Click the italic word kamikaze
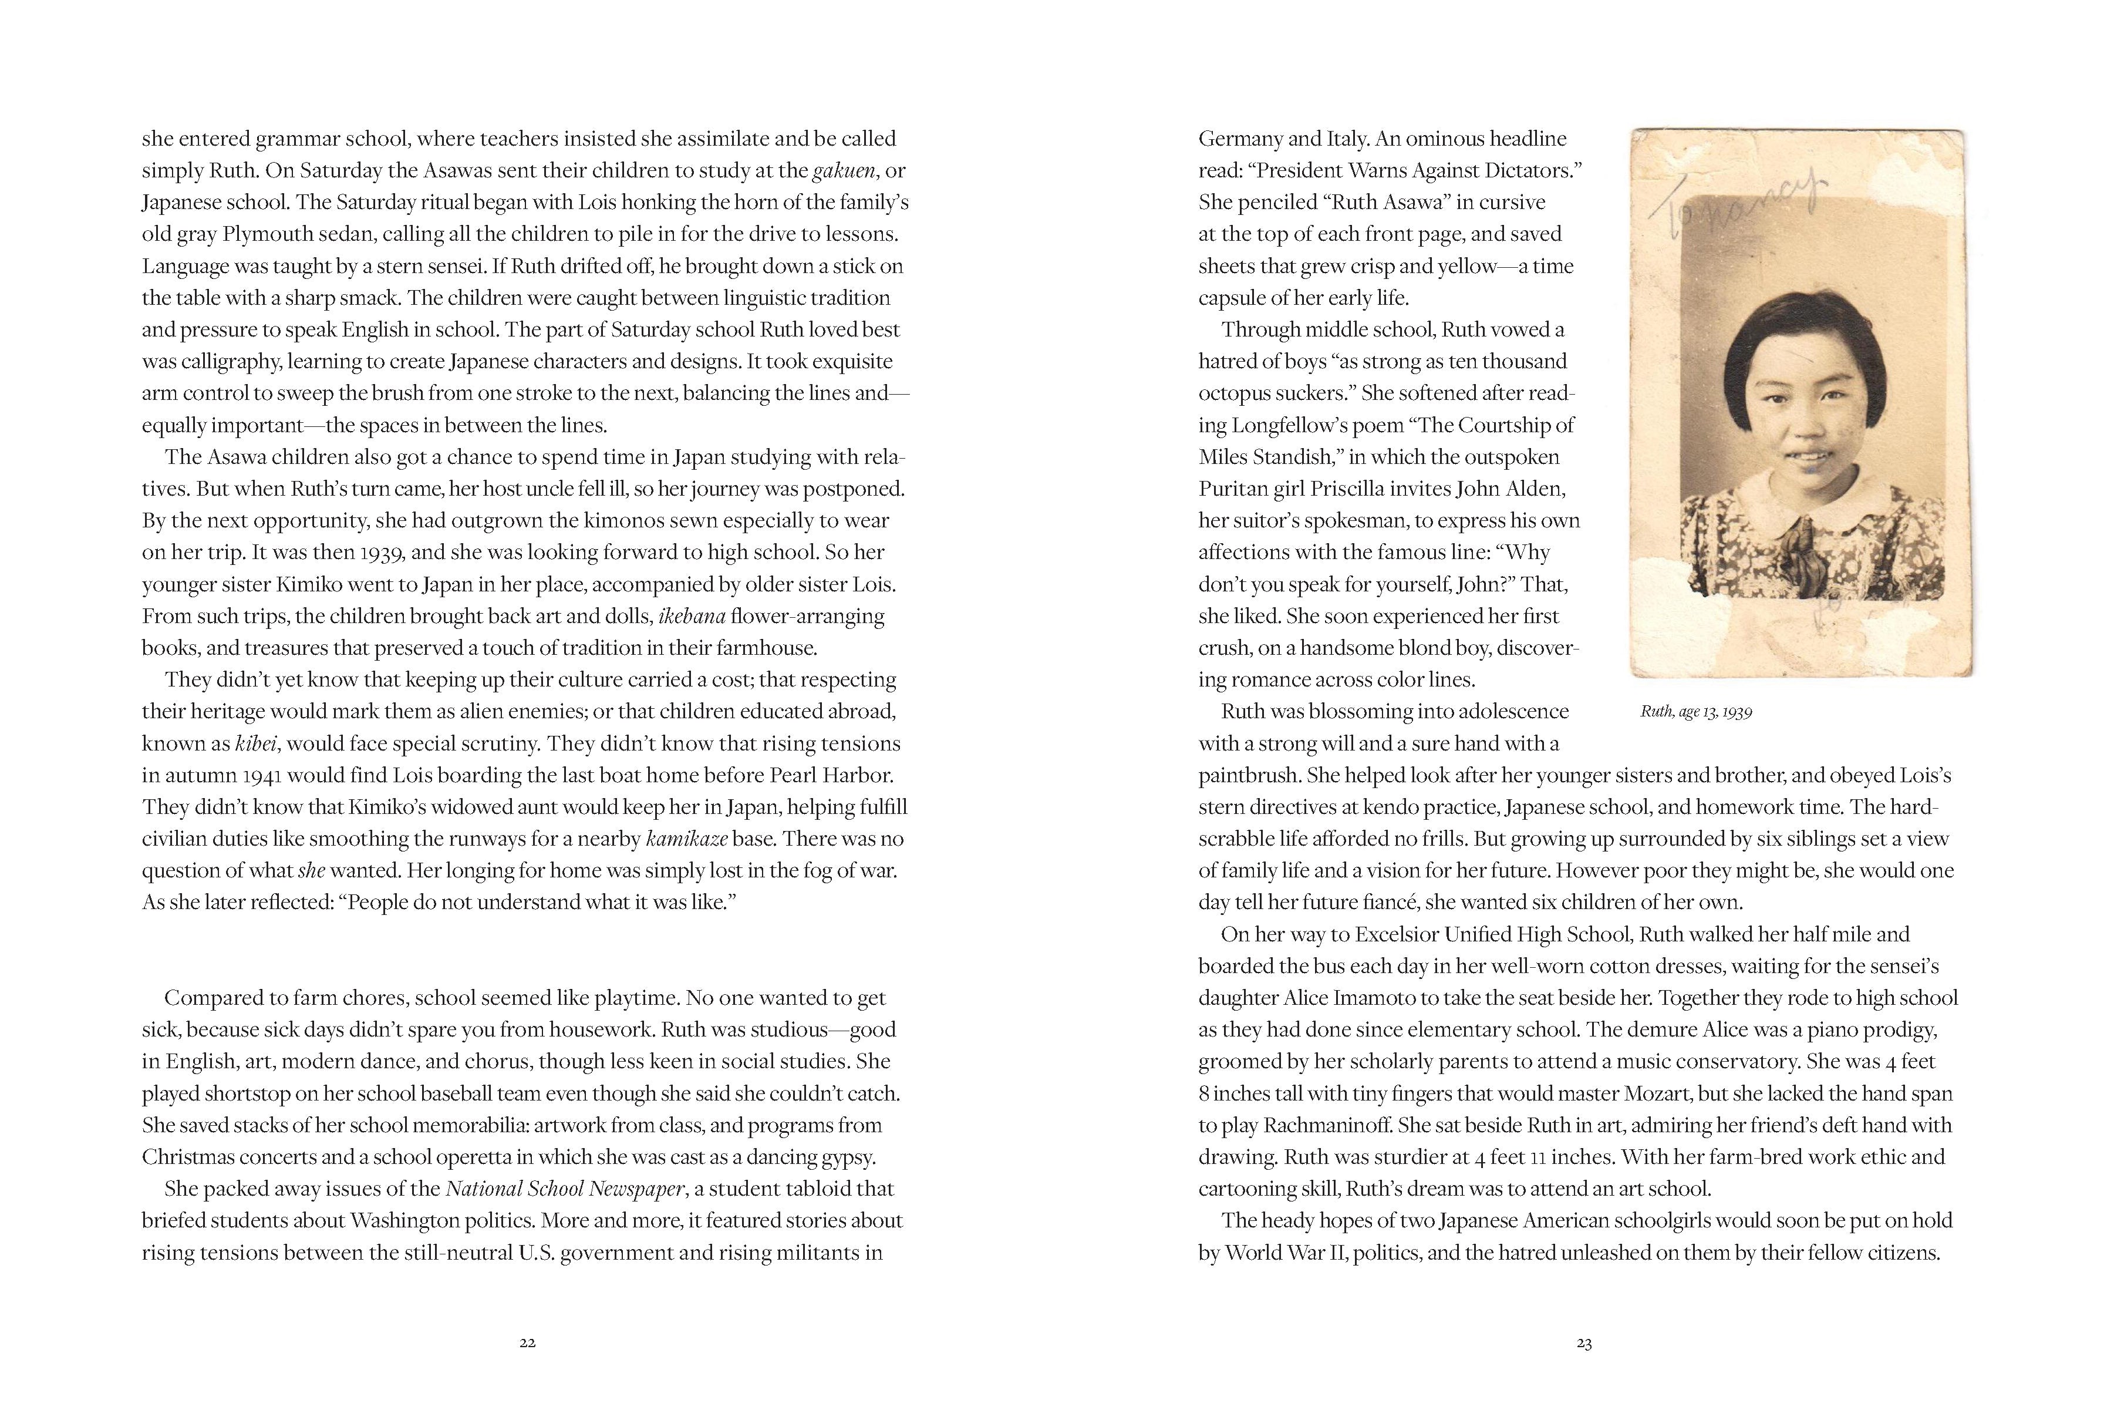tap(687, 840)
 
